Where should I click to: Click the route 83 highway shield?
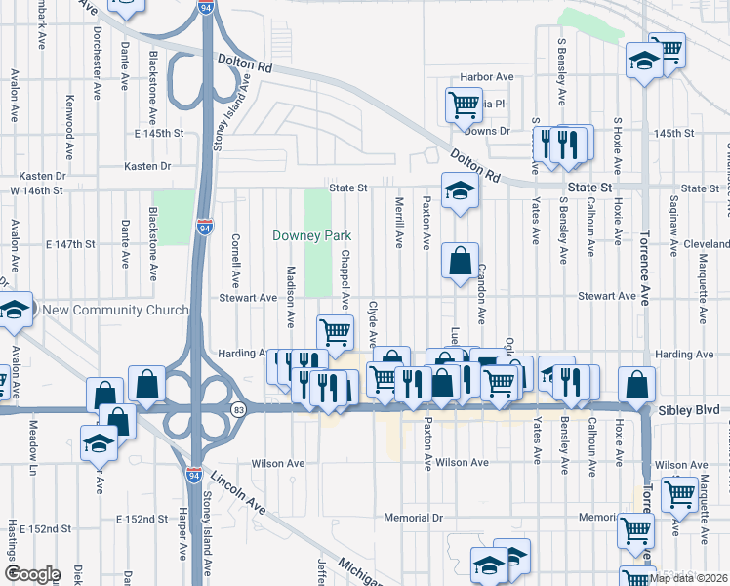pyautogui.click(x=237, y=407)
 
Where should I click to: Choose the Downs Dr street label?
pyautogui.click(x=487, y=131)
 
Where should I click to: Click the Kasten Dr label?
pyautogui.click(x=147, y=166)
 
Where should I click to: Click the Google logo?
pyautogui.click(x=32, y=574)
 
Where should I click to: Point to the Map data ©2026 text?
pyautogui.click(x=689, y=578)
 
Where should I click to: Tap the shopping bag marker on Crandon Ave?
pyautogui.click(x=460, y=262)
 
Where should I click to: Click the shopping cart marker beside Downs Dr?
pyautogui.click(x=464, y=105)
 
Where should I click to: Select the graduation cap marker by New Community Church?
pyautogui.click(x=14, y=311)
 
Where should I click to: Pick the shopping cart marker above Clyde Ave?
pyautogui.click(x=335, y=332)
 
